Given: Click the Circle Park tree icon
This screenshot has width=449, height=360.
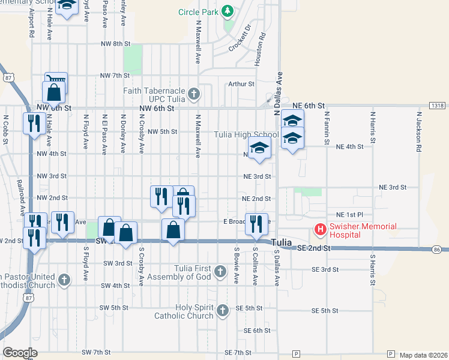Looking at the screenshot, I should point(228,11).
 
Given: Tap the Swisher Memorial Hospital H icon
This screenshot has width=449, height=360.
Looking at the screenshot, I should point(321,229).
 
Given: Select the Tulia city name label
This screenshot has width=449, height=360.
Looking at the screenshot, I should point(281,242).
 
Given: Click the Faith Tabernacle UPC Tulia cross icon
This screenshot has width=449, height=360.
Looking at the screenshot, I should point(193,94).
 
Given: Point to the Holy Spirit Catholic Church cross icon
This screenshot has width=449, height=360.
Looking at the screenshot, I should point(223,310).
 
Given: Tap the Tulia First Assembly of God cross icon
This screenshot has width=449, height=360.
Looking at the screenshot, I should point(220,272).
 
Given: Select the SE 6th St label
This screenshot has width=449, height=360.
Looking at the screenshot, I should point(257,331).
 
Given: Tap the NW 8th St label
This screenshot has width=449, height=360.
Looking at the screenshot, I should point(116,44).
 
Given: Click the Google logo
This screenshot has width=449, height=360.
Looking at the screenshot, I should point(20,353).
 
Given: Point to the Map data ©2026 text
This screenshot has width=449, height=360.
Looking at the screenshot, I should point(423,355).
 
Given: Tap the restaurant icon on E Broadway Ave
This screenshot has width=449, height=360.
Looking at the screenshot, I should point(256,223).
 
